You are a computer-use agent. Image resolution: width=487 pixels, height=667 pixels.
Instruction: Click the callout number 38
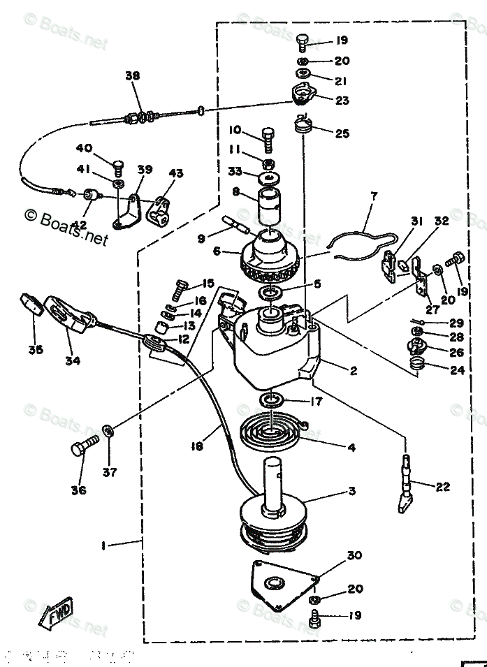pos(132,76)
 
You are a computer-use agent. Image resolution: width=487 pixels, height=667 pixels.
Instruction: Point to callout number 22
pos(442,487)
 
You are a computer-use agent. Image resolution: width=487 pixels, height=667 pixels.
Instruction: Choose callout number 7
pos(372,197)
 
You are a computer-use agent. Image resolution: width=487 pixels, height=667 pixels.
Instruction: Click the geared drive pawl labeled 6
pos(270,256)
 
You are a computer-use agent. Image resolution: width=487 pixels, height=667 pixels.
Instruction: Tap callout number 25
pos(342,133)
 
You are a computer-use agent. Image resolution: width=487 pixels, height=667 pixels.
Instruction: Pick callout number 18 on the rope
pos(196,444)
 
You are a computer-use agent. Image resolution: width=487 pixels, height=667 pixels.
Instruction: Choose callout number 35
pos(34,349)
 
